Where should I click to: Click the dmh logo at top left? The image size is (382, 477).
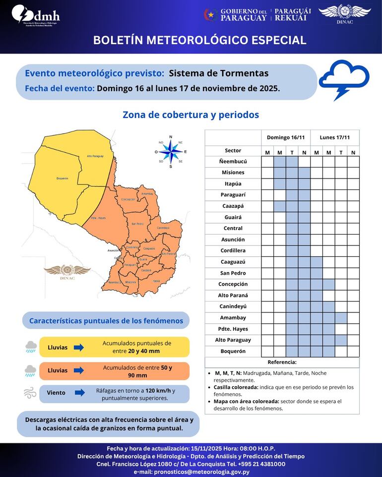coord(35,15)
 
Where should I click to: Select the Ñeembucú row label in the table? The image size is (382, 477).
coord(233,161)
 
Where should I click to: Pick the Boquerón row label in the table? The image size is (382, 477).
coord(233,351)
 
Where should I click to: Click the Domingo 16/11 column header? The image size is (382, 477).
coord(285,137)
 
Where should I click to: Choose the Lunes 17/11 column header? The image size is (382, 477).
coord(334,137)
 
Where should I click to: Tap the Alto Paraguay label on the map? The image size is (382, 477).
coord(95,156)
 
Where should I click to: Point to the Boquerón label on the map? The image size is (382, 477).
coord(62,178)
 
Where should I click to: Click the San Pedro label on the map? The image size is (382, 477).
coord(137,224)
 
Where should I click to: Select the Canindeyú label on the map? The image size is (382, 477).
coord(163,228)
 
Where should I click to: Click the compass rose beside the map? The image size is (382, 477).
coord(171,151)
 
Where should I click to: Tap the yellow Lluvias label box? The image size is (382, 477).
coord(58,347)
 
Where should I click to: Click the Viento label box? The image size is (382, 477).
coord(56,393)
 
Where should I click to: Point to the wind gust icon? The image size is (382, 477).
coord(30,393)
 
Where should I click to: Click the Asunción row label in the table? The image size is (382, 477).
coord(233,239)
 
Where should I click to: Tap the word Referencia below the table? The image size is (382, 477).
coord(282,362)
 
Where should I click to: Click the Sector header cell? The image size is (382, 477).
coord(233,150)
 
